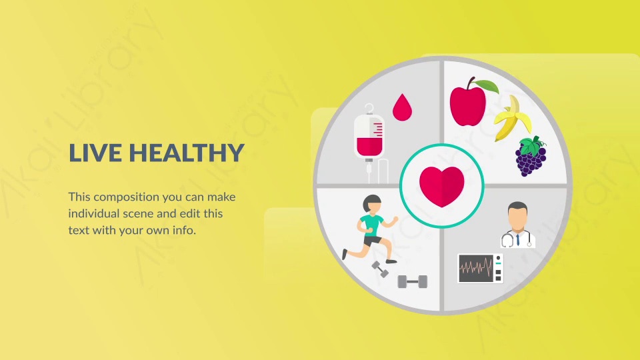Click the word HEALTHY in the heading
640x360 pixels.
click(187, 153)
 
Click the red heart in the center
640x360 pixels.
click(441, 186)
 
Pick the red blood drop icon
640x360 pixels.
click(402, 107)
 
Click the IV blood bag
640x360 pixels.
click(369, 137)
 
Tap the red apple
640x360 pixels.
click(468, 105)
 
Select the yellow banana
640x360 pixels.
click(513, 119)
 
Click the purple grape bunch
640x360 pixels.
click(531, 157)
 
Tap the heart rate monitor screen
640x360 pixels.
click(476, 269)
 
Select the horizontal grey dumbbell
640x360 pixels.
click(413, 281)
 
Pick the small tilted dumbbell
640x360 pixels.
click(379, 269)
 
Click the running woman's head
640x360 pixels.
click(372, 204)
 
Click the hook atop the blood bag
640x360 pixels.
click(369, 109)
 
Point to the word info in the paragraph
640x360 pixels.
click(184, 231)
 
